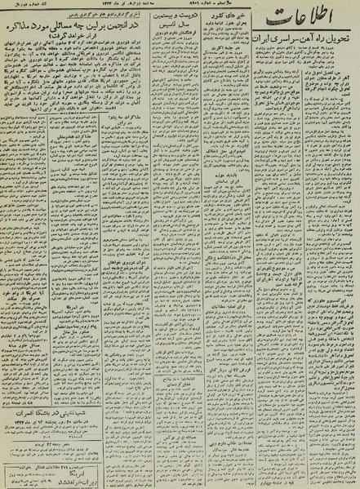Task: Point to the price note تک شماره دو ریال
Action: (x=24, y=7)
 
